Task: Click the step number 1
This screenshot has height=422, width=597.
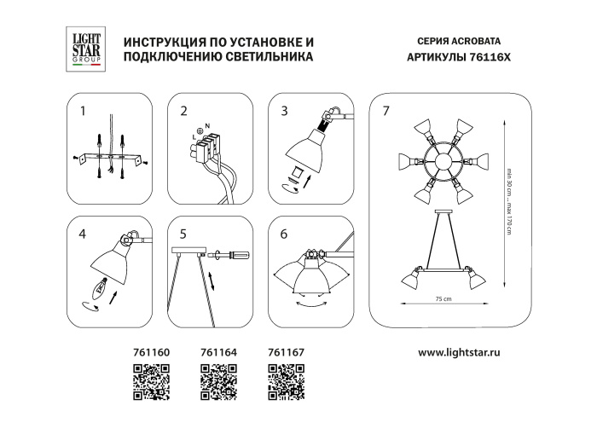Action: pos(83,112)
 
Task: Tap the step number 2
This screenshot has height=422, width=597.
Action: pos(183,112)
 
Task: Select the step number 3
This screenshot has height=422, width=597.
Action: pos(285,112)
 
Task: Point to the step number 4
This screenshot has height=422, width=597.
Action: pos(83,231)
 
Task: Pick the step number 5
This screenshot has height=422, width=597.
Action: pos(183,231)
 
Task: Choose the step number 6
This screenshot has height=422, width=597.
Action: pos(285,231)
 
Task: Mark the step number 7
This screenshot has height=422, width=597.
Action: pos(386,112)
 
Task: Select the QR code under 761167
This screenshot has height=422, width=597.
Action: pos(286,377)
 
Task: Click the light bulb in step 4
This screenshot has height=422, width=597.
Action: pos(101,287)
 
